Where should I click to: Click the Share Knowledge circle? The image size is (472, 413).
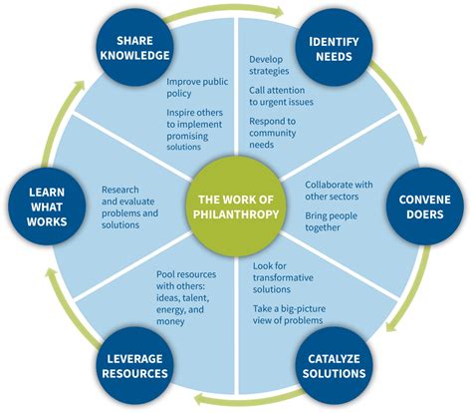tap(134, 47)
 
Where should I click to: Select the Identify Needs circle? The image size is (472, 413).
tap(334, 47)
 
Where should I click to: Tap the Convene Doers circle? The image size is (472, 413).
tap(425, 206)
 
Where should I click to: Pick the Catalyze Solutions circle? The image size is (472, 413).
tap(334, 365)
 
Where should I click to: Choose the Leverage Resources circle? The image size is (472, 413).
tap(134, 365)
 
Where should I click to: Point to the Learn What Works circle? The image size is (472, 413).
tap(47, 206)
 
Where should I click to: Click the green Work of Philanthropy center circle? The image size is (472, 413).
tap(236, 206)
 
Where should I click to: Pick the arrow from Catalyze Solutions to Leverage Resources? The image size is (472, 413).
tap(246, 400)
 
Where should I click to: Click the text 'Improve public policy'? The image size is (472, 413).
tap(197, 88)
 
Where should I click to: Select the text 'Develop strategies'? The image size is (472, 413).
tap(269, 65)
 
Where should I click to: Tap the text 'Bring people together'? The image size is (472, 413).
tap(331, 221)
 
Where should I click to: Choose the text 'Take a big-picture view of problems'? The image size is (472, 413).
tap(289, 314)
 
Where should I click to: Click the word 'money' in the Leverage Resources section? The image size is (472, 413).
tap(170, 321)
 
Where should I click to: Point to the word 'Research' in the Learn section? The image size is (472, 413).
tap(120, 190)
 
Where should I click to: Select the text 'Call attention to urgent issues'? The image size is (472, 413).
tap(281, 96)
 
